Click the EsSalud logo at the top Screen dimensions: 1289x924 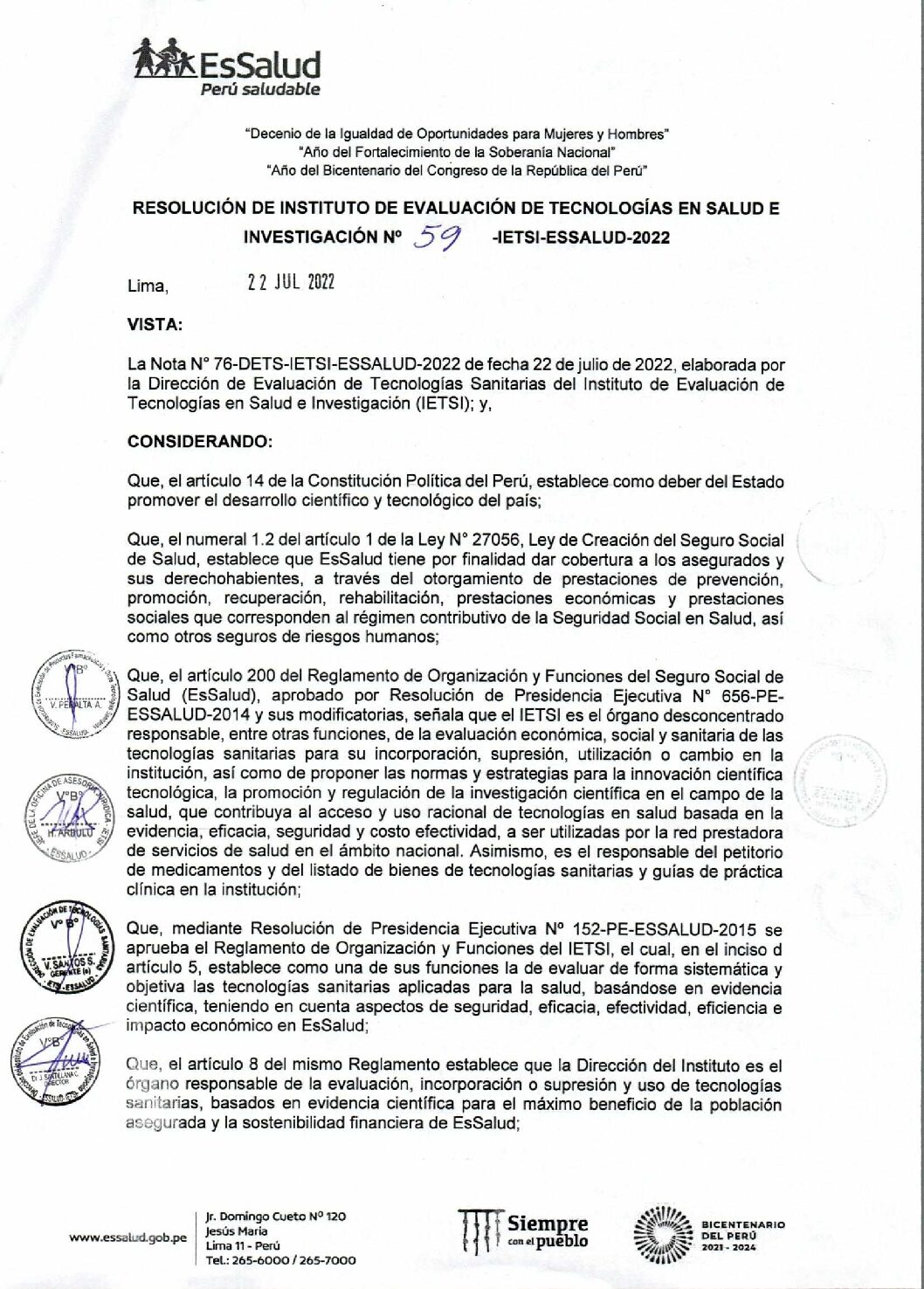coord(227,63)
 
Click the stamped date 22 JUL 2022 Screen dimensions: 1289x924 coord(291,282)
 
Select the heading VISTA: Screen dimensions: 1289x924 coord(155,325)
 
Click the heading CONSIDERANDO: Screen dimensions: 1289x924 coord(199,442)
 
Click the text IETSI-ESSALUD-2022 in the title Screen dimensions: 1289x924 coord(583,238)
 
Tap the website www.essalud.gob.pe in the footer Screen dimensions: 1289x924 coord(128,1237)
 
